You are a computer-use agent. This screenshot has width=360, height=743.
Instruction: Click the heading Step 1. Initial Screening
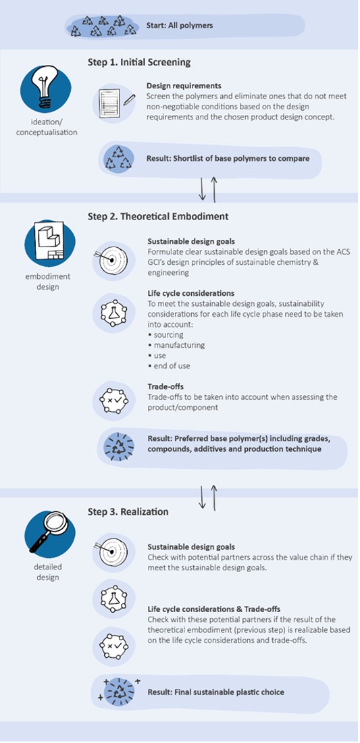point(139,63)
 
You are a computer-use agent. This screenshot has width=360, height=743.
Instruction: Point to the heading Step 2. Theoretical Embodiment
point(158,217)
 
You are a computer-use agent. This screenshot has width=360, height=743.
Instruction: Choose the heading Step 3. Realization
point(128,512)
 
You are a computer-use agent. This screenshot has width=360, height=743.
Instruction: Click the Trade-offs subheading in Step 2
point(163,386)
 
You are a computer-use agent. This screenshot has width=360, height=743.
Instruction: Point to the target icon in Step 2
point(110,260)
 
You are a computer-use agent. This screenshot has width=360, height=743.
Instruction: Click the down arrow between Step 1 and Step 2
point(203,189)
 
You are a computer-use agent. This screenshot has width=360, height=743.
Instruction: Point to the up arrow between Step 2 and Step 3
point(215,498)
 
